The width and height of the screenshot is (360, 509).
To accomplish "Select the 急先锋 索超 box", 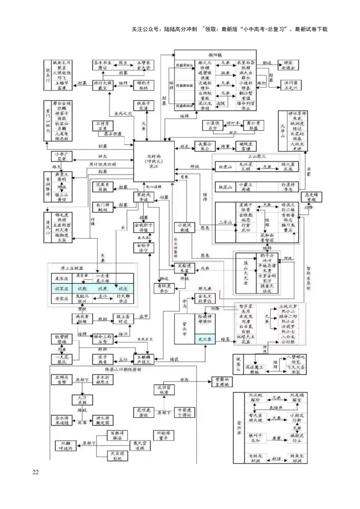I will pyautogui.click(x=312, y=197).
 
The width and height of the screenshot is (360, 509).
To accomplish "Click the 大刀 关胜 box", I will pyautogui.click(x=81, y=399).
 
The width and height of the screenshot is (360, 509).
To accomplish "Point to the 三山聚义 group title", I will pyautogui.click(x=257, y=156).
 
